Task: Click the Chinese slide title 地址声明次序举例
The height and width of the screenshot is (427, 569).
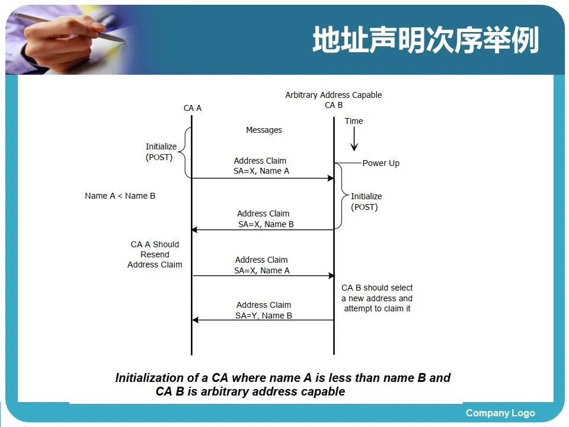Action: pos(426,41)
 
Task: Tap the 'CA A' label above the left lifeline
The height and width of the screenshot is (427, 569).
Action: pos(193,108)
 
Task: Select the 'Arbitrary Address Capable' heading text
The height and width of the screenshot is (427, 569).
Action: pos(334,95)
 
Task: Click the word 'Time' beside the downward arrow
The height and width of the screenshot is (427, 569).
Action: pos(354,121)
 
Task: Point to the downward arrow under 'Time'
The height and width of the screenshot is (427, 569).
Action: pos(354,140)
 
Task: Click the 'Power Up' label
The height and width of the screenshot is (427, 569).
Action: pos(381,163)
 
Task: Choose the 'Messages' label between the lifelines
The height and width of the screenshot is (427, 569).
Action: pos(264,130)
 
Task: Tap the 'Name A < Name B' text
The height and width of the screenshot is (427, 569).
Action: pos(120,196)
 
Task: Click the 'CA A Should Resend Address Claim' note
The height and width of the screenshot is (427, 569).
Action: pos(155,254)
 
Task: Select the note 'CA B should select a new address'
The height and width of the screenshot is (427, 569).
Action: pos(377,298)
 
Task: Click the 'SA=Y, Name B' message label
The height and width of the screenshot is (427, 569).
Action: pos(264,316)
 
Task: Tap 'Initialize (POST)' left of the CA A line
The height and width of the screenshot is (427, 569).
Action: pos(161,152)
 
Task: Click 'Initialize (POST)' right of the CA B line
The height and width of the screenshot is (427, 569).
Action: pos(366,202)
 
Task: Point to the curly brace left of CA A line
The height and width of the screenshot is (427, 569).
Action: pos(183,153)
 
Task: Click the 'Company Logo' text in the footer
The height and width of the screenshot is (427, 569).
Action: pos(500,413)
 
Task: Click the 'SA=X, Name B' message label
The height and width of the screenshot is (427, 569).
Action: pos(266,224)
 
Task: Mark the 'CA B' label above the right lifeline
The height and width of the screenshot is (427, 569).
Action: pos(334,105)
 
